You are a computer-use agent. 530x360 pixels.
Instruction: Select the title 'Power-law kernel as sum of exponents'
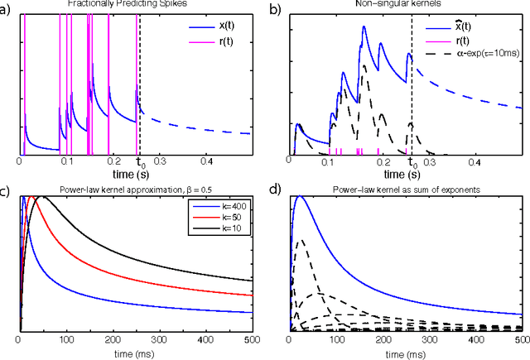[x=404, y=190]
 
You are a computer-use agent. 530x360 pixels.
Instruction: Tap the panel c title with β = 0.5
[x=134, y=190]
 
